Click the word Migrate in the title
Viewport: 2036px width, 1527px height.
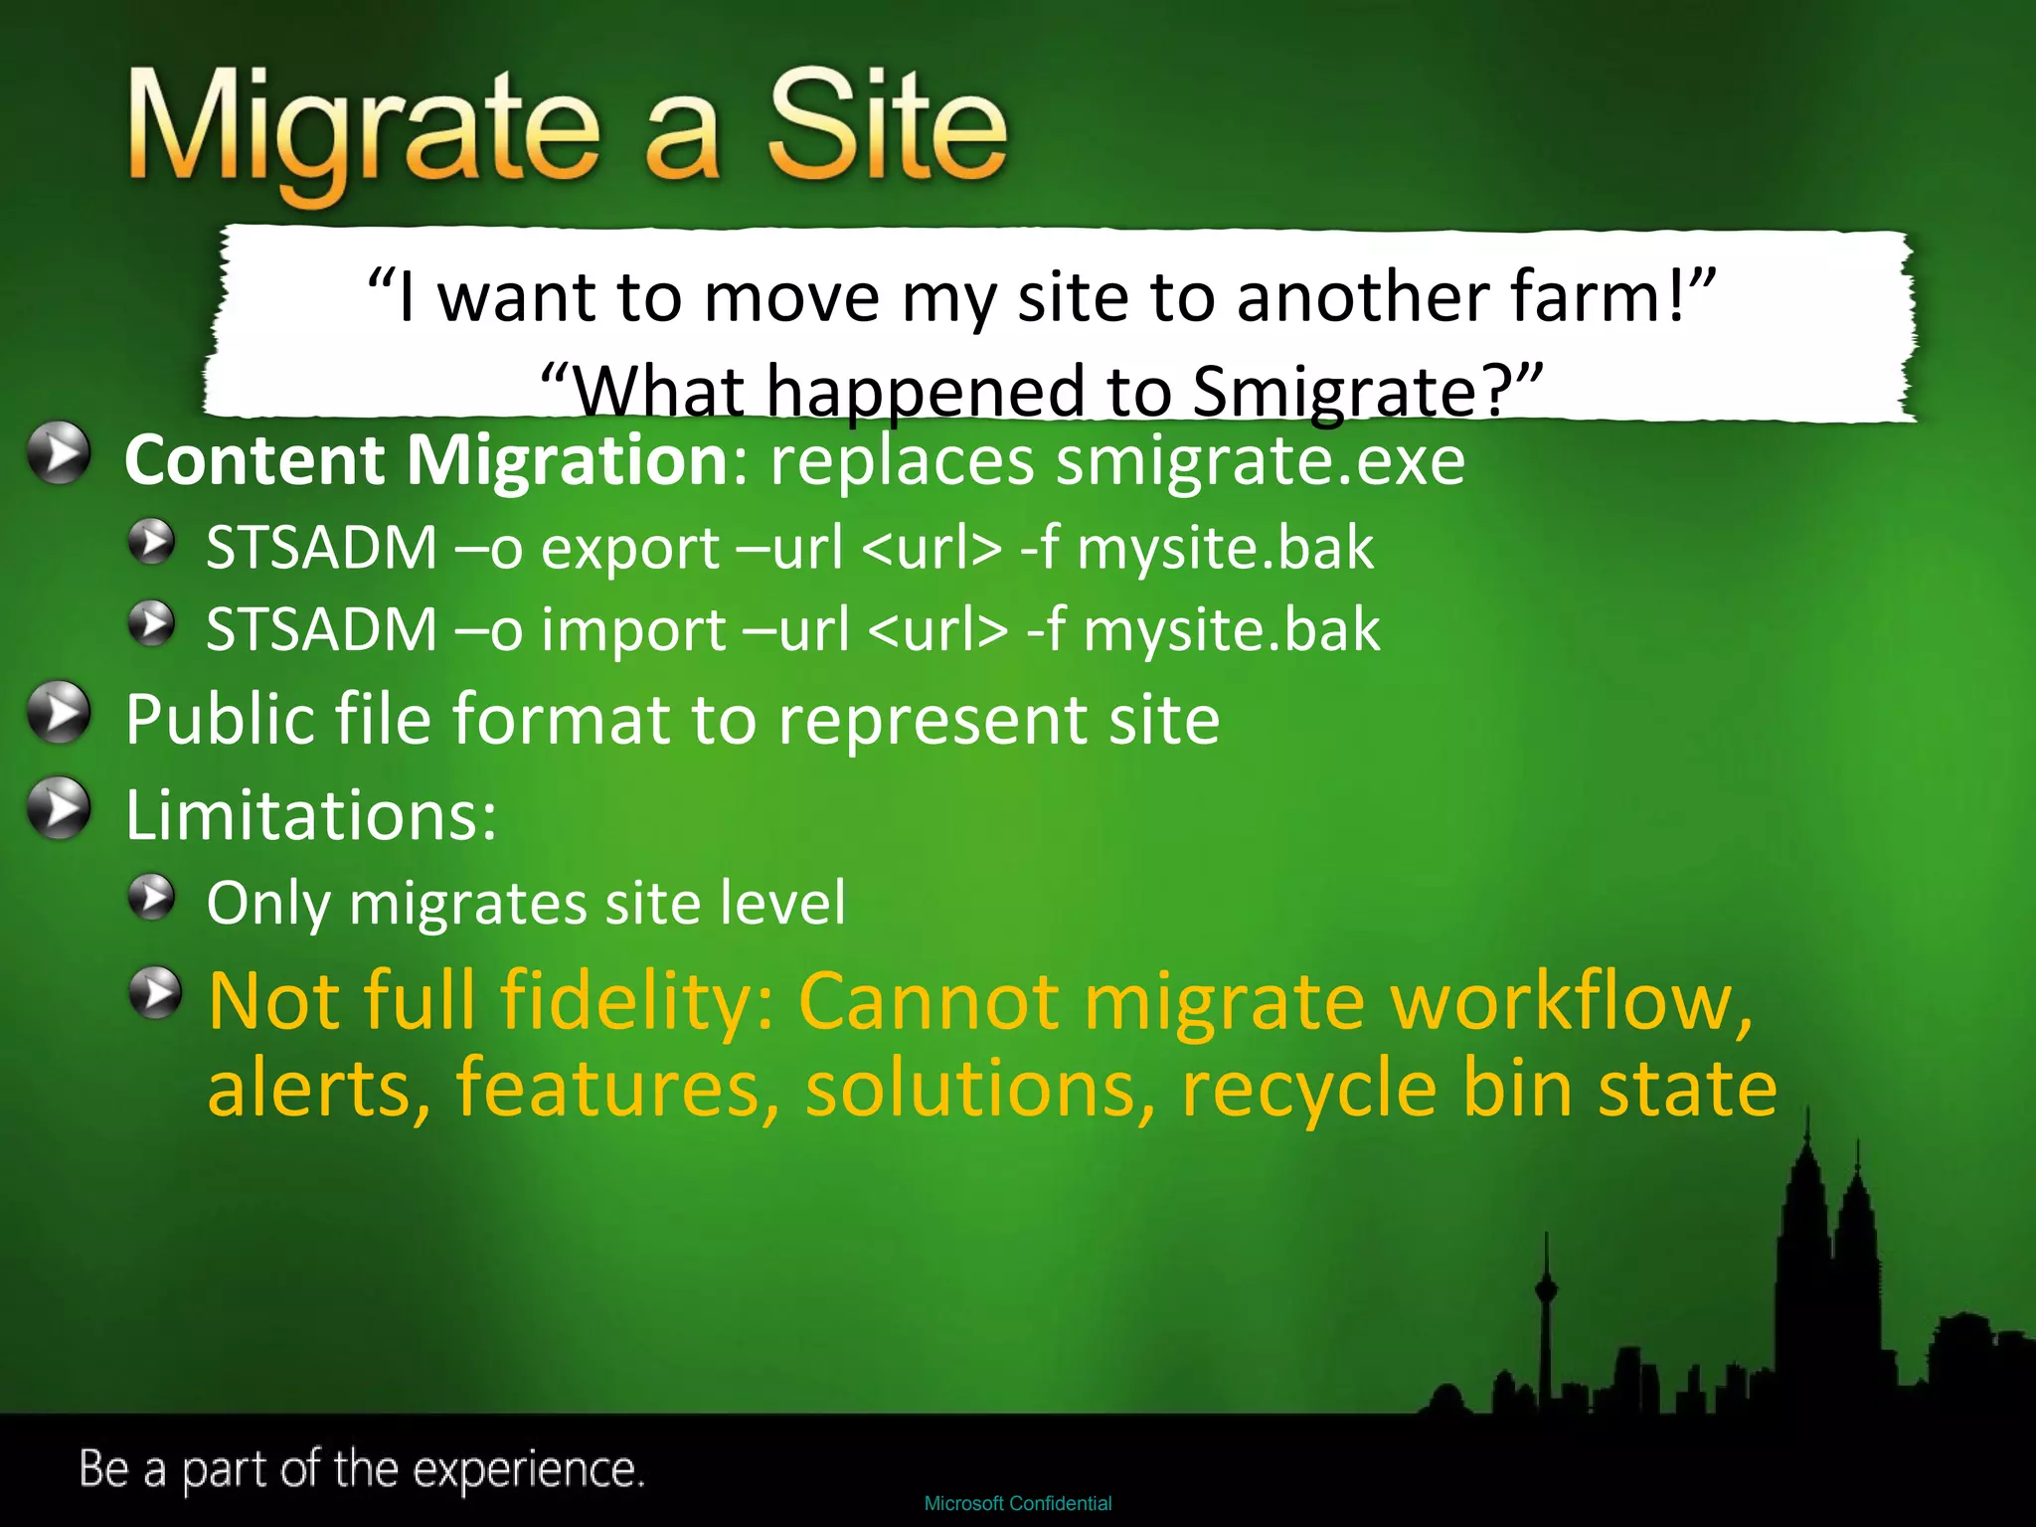pyautogui.click(x=363, y=129)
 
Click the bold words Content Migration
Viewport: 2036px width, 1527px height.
pyautogui.click(x=427, y=460)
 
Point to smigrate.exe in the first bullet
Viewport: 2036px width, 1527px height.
pyautogui.click(x=1260, y=460)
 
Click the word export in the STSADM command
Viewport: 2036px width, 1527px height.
pyautogui.click(x=630, y=548)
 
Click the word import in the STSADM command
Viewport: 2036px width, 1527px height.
pyautogui.click(x=633, y=629)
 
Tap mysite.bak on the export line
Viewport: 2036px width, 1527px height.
pyautogui.click(x=1225, y=548)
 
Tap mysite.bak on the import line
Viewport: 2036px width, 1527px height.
pyautogui.click(x=1231, y=629)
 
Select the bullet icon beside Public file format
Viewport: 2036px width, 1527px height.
pyautogui.click(x=59, y=712)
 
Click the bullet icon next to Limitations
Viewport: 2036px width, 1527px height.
pyautogui.click(x=59, y=807)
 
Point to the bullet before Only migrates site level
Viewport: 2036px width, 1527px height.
pyautogui.click(x=152, y=898)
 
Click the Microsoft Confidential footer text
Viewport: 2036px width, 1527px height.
pyautogui.click(x=1017, y=1503)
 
